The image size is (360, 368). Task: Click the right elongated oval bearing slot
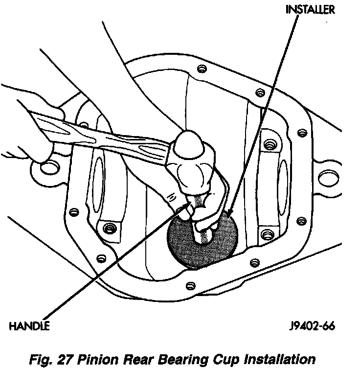click(282, 182)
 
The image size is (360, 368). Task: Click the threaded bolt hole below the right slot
click(266, 234)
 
